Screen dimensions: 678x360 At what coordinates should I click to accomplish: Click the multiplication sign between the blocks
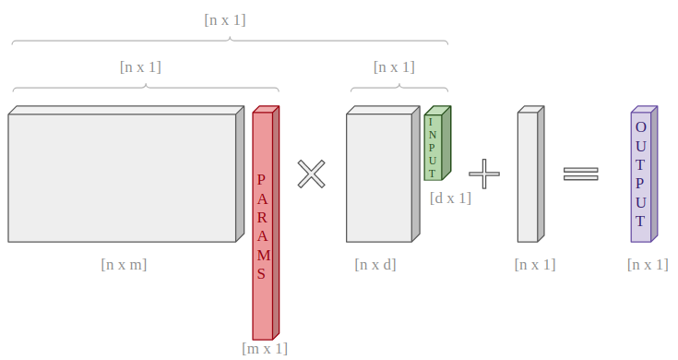[x=312, y=174]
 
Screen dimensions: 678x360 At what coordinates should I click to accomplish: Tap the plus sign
[x=484, y=174]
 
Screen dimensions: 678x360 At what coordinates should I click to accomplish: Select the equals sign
[x=581, y=174]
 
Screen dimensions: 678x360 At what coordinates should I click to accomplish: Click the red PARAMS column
[x=266, y=222]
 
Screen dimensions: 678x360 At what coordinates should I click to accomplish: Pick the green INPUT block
[x=437, y=143]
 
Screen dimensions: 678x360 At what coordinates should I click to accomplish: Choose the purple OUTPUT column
[x=644, y=174]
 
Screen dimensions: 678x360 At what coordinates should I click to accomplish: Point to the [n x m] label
[x=124, y=264]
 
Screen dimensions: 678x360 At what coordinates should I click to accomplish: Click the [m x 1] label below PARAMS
[x=265, y=348]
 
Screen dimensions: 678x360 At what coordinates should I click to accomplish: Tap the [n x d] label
[x=375, y=264]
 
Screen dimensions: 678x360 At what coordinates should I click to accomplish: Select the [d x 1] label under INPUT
[x=450, y=198]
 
